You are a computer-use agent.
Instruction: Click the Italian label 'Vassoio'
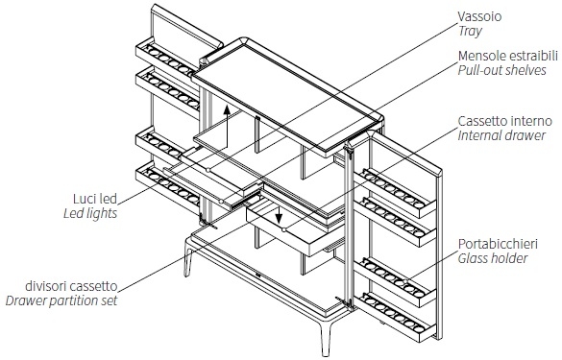[x=479, y=16]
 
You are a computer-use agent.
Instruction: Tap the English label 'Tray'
[x=470, y=31]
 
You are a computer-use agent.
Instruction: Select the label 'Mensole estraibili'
[x=508, y=56]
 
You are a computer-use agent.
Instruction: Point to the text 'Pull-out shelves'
[x=501, y=70]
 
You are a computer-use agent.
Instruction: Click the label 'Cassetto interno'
[x=504, y=121]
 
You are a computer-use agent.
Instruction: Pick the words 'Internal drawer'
[x=501, y=135]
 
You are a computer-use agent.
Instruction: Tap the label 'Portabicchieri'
[x=498, y=244]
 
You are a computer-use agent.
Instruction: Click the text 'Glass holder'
[x=493, y=258]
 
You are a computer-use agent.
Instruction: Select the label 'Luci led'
[x=95, y=199]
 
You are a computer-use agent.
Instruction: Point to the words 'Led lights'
[x=90, y=213]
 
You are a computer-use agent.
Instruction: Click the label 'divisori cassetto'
[x=71, y=286]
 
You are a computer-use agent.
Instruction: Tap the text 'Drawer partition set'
[x=61, y=300]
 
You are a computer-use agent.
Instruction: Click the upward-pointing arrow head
[x=227, y=109]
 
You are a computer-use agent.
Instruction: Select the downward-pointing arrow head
[x=279, y=218]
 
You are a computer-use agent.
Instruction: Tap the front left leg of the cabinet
[x=188, y=260]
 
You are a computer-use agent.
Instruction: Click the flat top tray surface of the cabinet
[x=286, y=95]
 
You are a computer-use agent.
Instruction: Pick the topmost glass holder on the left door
[x=167, y=58]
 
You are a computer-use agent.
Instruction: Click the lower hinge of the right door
[x=345, y=302]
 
